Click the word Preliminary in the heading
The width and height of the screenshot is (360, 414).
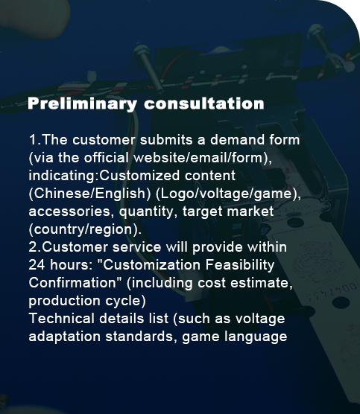click(83, 103)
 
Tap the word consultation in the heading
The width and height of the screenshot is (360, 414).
click(204, 103)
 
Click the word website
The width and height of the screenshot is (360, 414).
click(160, 158)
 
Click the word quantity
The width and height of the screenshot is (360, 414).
click(148, 212)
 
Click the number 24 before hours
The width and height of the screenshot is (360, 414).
click(37, 265)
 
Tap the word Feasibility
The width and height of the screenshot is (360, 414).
click(240, 265)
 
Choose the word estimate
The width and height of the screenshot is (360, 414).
click(261, 283)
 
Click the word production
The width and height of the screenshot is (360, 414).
click(65, 301)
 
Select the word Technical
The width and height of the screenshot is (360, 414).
click(61, 319)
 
